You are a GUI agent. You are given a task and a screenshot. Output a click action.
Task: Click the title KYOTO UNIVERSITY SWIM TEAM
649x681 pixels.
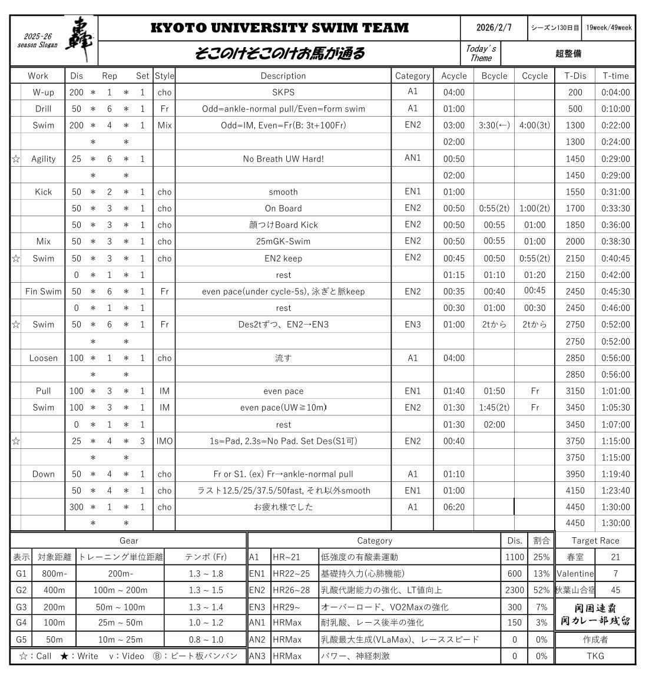279,28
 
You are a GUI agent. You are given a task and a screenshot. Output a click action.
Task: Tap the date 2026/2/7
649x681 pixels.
494,28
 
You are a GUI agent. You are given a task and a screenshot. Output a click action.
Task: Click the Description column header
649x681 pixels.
283,76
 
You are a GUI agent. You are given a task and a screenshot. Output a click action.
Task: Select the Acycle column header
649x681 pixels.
453,76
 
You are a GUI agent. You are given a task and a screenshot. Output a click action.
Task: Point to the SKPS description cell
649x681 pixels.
283,92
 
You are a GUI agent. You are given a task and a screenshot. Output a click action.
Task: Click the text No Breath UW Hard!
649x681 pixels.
283,159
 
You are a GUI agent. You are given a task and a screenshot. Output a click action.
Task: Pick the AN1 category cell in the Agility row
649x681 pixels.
412,158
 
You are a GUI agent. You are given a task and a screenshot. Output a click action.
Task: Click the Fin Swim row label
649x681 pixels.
43,292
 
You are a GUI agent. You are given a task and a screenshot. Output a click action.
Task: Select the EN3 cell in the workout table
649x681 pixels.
412,325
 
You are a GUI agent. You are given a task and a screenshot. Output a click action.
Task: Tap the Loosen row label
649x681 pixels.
43,358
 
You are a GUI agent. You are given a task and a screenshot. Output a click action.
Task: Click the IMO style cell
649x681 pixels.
164,441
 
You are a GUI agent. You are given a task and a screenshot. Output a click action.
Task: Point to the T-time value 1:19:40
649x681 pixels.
615,474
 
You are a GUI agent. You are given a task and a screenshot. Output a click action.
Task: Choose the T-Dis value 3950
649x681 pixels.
575,474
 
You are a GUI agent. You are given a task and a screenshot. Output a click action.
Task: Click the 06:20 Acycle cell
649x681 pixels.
453,507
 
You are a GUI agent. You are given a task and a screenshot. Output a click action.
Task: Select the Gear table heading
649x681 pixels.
128,541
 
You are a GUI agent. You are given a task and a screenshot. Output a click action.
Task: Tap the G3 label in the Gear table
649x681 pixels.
21,607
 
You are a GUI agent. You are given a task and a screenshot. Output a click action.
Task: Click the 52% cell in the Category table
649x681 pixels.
541,590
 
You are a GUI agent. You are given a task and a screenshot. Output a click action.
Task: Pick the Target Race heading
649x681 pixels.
595,541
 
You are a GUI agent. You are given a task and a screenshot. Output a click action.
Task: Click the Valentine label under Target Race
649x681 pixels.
575,574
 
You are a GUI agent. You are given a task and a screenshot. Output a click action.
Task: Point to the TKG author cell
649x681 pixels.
595,656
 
